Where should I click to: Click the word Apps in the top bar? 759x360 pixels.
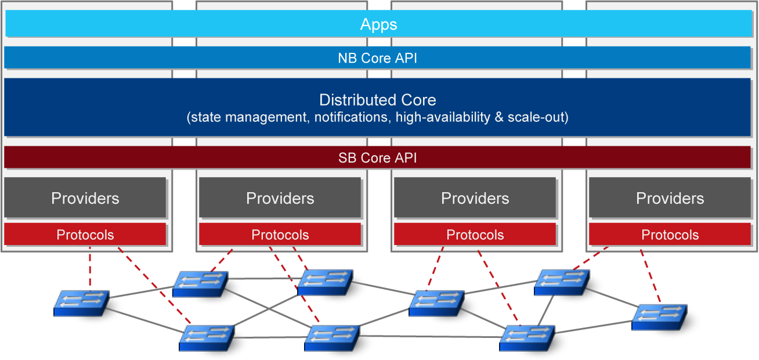[x=378, y=24]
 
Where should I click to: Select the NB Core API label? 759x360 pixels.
[x=377, y=58]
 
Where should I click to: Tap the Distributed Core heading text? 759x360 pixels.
[x=377, y=100]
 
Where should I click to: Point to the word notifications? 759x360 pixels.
[x=351, y=117]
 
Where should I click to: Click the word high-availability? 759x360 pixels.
[x=443, y=117]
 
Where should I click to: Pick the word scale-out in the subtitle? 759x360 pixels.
[x=536, y=117]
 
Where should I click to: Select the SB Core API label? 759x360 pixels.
[x=377, y=157]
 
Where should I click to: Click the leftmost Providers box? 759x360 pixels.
[x=85, y=197]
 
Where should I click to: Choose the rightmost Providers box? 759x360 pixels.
[x=670, y=197]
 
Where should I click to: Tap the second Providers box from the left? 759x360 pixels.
[x=280, y=197]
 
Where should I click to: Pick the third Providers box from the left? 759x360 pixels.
[x=475, y=197]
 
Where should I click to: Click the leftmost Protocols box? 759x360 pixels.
[x=85, y=234]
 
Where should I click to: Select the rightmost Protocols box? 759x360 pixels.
[x=670, y=234]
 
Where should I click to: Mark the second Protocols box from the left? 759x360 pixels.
[x=280, y=234]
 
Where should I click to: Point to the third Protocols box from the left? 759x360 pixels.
[x=475, y=234]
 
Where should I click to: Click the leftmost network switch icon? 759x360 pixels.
[x=81, y=303]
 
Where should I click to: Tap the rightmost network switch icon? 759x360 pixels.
[x=659, y=317]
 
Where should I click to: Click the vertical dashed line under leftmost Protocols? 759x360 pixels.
[x=90, y=268]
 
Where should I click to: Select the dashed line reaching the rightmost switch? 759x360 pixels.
[x=650, y=276]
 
